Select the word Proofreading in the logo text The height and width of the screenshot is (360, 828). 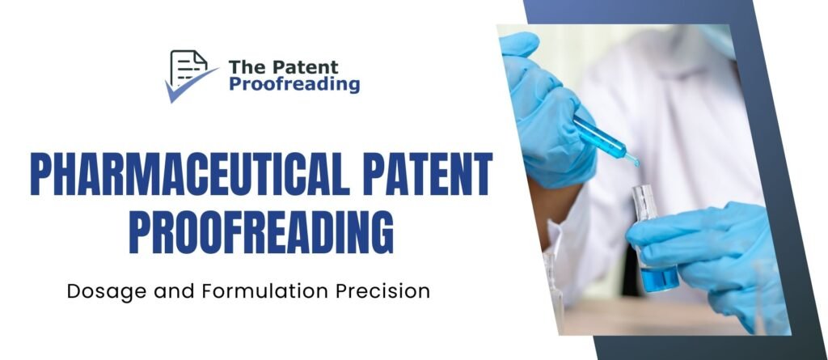(x=294, y=84)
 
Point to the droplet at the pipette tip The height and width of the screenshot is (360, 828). (x=636, y=163)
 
